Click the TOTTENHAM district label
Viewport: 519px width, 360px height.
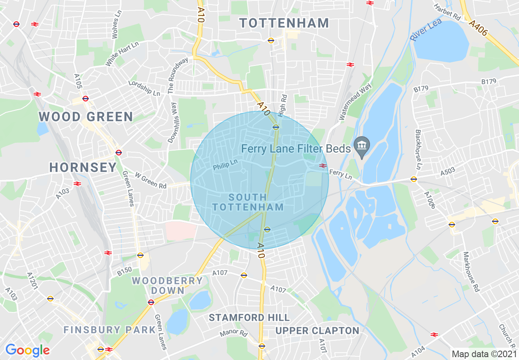[284, 23]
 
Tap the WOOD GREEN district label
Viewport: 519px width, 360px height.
[86, 117]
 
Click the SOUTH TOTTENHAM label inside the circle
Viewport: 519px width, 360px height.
[248, 202]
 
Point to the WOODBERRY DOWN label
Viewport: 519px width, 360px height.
[167, 286]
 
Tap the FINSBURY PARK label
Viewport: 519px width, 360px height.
[110, 330]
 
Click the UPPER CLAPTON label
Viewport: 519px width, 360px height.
[317, 331]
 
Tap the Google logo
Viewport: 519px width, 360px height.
[27, 350]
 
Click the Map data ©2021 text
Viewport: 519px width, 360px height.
[484, 354]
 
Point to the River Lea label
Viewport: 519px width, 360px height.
[426, 32]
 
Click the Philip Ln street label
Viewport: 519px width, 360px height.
[225, 165]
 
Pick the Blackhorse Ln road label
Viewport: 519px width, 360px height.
[418, 150]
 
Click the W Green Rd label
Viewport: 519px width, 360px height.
[151, 181]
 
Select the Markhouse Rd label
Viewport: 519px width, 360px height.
[471, 272]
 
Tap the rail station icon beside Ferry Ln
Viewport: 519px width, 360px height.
[323, 166]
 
